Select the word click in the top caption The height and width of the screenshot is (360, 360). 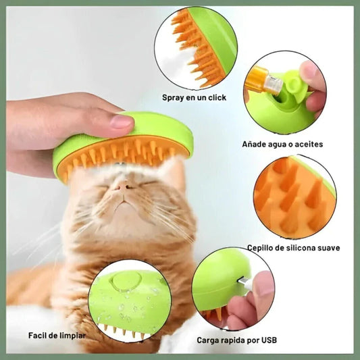tap(217, 97)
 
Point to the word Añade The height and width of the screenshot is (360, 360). tap(253, 144)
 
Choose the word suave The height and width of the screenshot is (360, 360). tap(329, 248)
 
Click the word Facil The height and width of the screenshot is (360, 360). tap(37, 336)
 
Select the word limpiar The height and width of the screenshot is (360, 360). tap(72, 336)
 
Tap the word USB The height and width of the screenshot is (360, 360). tap(268, 340)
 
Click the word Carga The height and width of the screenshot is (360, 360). tap(207, 340)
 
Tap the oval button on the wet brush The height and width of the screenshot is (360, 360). tap(126, 281)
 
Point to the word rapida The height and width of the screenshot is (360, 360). tap(231, 340)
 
